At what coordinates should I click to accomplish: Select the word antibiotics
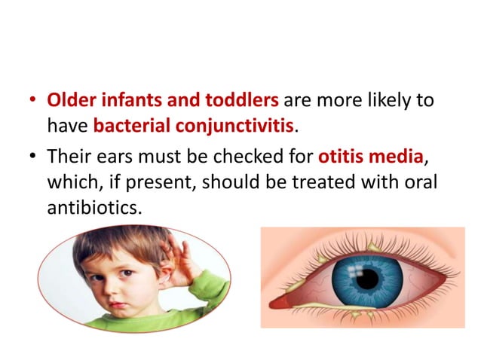pyautogui.click(x=92, y=205)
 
